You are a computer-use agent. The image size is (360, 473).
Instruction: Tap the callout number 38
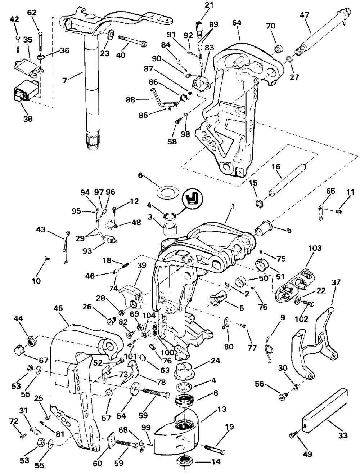point(28,119)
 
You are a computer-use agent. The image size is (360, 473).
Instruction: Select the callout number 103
point(315,248)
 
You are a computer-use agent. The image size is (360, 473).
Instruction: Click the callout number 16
point(276,166)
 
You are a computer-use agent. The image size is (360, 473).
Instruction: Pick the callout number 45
point(58,308)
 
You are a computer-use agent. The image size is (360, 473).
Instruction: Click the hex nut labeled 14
point(185,461)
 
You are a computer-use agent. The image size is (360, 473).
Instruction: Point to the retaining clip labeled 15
point(259,204)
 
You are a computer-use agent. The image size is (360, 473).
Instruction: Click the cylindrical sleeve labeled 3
point(169,230)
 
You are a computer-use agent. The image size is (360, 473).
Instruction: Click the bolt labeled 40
point(132,41)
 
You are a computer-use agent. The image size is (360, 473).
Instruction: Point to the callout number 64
point(237,23)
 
